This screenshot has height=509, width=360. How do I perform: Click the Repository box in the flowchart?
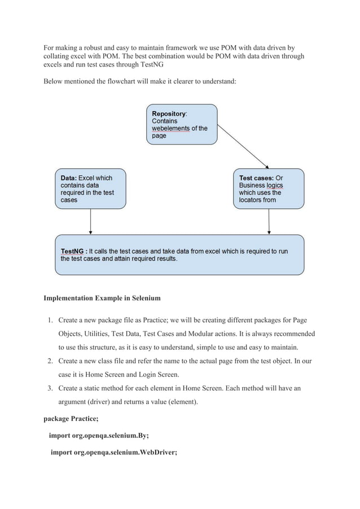pyautogui.click(x=181, y=124)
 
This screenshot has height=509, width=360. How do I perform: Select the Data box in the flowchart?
pyautogui.click(x=90, y=188)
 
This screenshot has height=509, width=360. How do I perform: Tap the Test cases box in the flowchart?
pyautogui.click(x=269, y=188)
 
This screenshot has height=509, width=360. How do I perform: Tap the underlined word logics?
pyautogui.click(x=275, y=185)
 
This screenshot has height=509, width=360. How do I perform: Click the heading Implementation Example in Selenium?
pyautogui.click(x=102, y=297)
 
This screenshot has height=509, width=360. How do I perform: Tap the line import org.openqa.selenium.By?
pyautogui.click(x=99, y=436)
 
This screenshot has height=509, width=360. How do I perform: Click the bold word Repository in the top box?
pyautogui.click(x=169, y=113)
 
